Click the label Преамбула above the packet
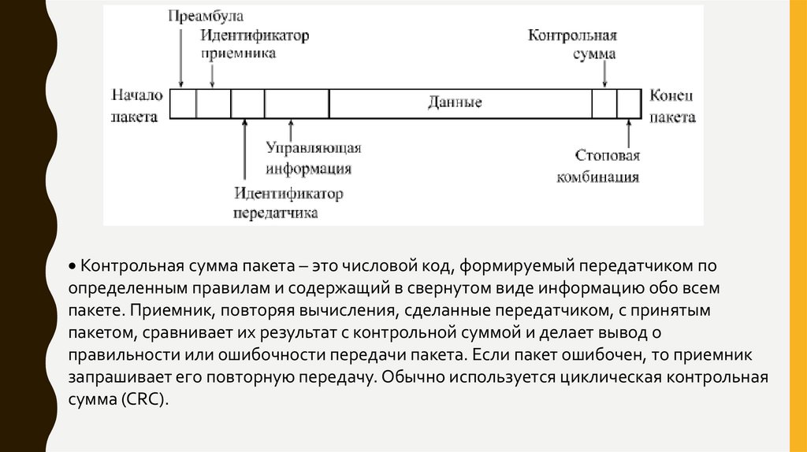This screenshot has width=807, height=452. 206,16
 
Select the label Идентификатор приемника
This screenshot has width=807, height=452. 254,45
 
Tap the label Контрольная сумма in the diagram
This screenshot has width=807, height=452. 571,46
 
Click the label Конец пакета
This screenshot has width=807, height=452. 671,105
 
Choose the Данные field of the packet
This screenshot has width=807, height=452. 455,103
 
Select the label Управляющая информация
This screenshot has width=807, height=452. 313,158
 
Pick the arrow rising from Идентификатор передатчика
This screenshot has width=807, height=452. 245,150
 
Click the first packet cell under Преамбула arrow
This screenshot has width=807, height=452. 184,103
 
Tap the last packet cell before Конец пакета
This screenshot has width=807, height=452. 628,103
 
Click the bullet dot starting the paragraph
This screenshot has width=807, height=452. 71,265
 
